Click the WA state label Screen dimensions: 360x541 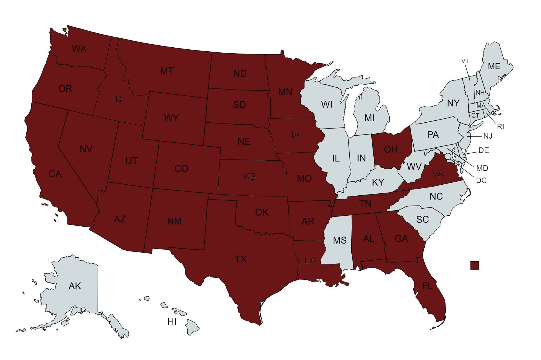pos(79,49)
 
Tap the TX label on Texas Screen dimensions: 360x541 pos(241,259)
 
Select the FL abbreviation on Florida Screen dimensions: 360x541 pos(427,286)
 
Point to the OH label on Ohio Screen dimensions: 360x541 pos(391,149)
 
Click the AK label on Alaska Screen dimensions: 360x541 pos(75,286)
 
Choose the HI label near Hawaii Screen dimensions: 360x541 pos(172,322)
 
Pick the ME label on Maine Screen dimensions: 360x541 pos(494,66)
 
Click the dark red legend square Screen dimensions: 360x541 pos(475,266)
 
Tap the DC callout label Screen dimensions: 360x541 pos(481,180)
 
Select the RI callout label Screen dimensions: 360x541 pos(500,127)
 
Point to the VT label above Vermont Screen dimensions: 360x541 pos(465,61)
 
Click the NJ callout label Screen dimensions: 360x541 pos(488,136)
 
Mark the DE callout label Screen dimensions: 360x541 pos(484,151)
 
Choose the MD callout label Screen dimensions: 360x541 pos(482,168)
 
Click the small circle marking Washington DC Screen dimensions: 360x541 pos(447,156)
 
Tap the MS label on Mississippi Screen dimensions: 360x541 pos(340,240)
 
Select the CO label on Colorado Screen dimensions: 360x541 pos(181,169)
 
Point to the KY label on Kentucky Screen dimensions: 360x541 pos(378,182)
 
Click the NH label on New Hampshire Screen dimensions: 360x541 pos(480,92)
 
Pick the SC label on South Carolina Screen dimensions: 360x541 pos(422,219)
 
